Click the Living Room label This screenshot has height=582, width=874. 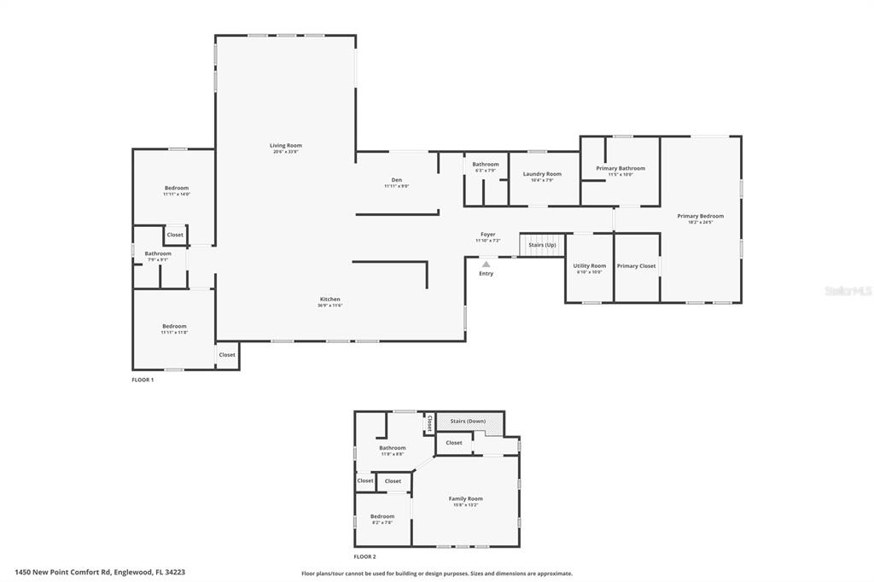286,146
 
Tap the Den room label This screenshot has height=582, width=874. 396,180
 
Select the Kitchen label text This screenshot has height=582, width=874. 330,300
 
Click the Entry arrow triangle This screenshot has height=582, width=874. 486,265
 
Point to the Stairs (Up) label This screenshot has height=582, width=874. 542,245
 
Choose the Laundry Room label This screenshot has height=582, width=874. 542,174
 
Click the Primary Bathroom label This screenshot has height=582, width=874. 621,168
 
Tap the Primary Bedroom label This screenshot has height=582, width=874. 700,216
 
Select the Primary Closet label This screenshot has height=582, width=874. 636,266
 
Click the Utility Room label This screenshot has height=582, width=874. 589,266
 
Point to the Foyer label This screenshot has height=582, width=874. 487,235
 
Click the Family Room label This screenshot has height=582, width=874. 466,498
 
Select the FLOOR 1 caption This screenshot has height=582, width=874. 143,379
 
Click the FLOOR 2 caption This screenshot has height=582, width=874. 365,556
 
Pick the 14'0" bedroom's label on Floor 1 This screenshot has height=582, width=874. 177,189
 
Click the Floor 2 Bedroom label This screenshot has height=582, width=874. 382,516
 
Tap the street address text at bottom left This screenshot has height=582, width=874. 100,573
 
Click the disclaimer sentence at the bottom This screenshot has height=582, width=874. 437,573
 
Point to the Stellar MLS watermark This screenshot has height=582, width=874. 848,291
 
